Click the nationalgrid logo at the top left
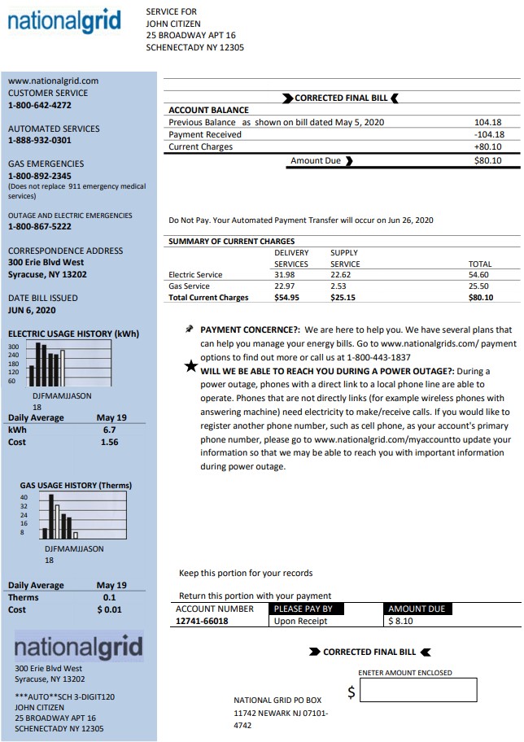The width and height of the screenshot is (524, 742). click(x=64, y=21)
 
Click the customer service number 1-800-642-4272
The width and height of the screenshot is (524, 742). click(x=39, y=105)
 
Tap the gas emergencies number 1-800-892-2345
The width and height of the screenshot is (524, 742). click(x=39, y=176)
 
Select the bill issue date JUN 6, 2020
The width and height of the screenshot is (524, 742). click(x=32, y=310)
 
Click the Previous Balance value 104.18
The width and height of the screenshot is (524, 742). click(x=488, y=122)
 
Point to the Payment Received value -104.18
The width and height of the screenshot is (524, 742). click(x=487, y=134)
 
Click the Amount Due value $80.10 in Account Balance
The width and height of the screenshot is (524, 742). click(x=487, y=160)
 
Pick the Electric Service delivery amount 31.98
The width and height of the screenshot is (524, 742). click(x=284, y=275)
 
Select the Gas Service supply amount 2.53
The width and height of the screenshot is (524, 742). click(x=338, y=286)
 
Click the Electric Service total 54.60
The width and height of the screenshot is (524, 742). click(x=479, y=275)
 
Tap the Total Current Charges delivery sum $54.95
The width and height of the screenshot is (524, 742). click(x=286, y=298)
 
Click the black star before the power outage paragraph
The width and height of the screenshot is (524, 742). click(x=190, y=366)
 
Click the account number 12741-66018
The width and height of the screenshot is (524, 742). click(x=202, y=621)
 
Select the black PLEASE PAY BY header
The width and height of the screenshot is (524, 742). click(x=303, y=609)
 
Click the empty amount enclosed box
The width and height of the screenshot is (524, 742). click(x=418, y=691)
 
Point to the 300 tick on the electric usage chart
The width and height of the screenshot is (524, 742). click(x=13, y=347)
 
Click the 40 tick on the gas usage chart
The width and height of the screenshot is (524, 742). click(x=24, y=496)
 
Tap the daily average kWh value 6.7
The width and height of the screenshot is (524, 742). click(x=109, y=429)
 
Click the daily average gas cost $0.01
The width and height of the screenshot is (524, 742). click(x=109, y=609)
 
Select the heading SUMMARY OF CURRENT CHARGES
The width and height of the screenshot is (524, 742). click(x=231, y=242)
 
